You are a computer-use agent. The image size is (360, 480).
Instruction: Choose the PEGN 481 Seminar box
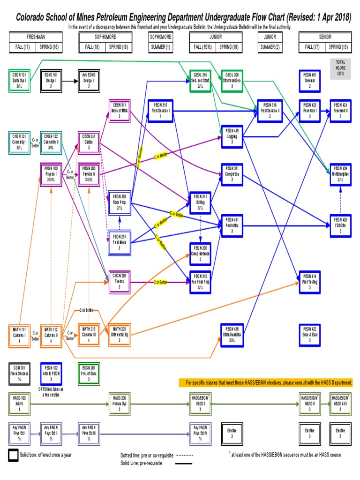(309, 80)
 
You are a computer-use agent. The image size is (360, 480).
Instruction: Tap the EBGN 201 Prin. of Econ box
(89, 373)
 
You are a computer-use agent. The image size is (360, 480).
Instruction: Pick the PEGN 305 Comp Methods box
(200, 253)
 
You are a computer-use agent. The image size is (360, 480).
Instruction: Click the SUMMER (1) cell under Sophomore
(160, 47)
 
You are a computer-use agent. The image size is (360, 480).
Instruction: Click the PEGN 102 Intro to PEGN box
(51, 373)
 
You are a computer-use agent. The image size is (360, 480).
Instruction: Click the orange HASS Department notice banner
(266, 383)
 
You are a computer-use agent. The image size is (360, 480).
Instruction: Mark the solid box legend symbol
(14, 455)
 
